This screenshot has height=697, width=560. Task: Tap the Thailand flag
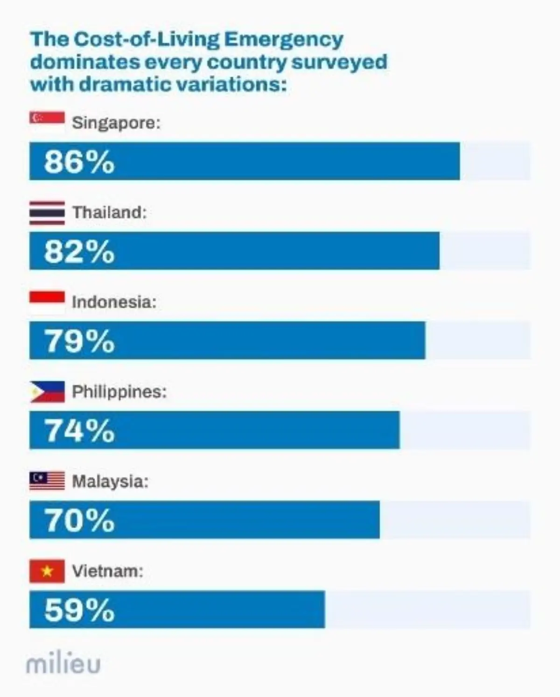point(47,213)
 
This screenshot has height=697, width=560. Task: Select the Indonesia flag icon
point(47,302)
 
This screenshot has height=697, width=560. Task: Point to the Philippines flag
point(47,392)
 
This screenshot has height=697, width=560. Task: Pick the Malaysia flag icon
point(47,481)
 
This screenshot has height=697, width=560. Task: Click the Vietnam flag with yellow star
point(47,571)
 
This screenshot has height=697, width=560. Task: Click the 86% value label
point(79,162)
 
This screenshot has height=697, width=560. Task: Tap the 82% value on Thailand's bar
point(79,251)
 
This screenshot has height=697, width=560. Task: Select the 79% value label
point(79,341)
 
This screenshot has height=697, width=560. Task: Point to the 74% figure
point(79,431)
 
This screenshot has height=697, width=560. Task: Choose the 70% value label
point(79,520)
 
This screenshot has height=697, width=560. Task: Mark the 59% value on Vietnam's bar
point(79,610)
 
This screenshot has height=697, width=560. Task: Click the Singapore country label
point(116,123)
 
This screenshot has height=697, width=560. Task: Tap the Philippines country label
point(119,392)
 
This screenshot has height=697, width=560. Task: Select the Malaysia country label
point(110,481)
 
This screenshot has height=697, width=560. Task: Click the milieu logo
point(63,664)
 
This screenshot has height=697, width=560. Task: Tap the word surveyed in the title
point(339,63)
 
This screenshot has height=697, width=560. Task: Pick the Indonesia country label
point(114,302)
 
